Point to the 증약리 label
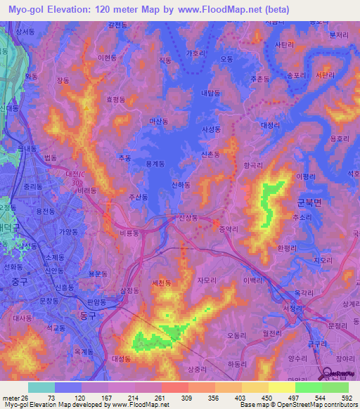(x=230, y=229)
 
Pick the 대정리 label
(x=271, y=125)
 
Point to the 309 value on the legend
(x=187, y=397)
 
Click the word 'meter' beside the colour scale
(x=10, y=397)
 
